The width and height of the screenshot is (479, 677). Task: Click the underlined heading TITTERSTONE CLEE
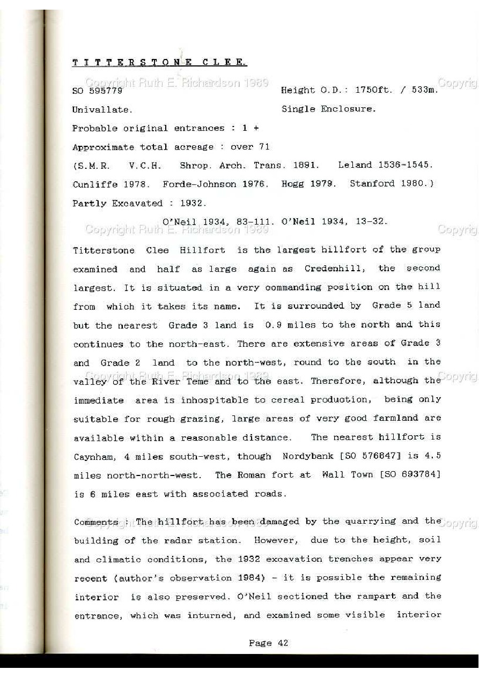159,63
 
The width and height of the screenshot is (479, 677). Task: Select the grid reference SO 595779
98,91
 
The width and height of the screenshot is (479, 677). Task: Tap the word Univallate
102,110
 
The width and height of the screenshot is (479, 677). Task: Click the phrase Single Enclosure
328,109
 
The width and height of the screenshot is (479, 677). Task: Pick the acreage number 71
264,147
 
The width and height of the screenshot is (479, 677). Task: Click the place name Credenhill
335,269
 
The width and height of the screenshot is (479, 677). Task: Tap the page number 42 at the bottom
283,643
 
